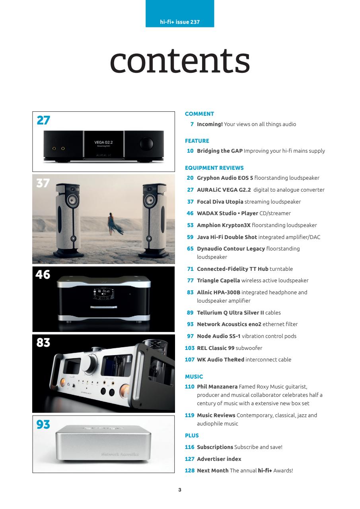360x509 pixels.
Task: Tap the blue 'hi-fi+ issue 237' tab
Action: [x=180, y=22]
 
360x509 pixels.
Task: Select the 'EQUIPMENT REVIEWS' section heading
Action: [x=214, y=168]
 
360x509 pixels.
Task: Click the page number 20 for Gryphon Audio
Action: [x=190, y=178]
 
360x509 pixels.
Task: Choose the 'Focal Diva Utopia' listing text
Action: [x=220, y=202]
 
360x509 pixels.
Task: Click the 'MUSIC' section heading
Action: [x=194, y=376]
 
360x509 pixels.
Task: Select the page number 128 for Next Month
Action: [x=190, y=470]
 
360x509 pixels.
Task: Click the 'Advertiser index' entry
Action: [x=219, y=459]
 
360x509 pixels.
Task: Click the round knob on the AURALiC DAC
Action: [x=146, y=142]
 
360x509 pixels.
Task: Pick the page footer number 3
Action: [x=180, y=490]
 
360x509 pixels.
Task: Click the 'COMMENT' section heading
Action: [x=200, y=114]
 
